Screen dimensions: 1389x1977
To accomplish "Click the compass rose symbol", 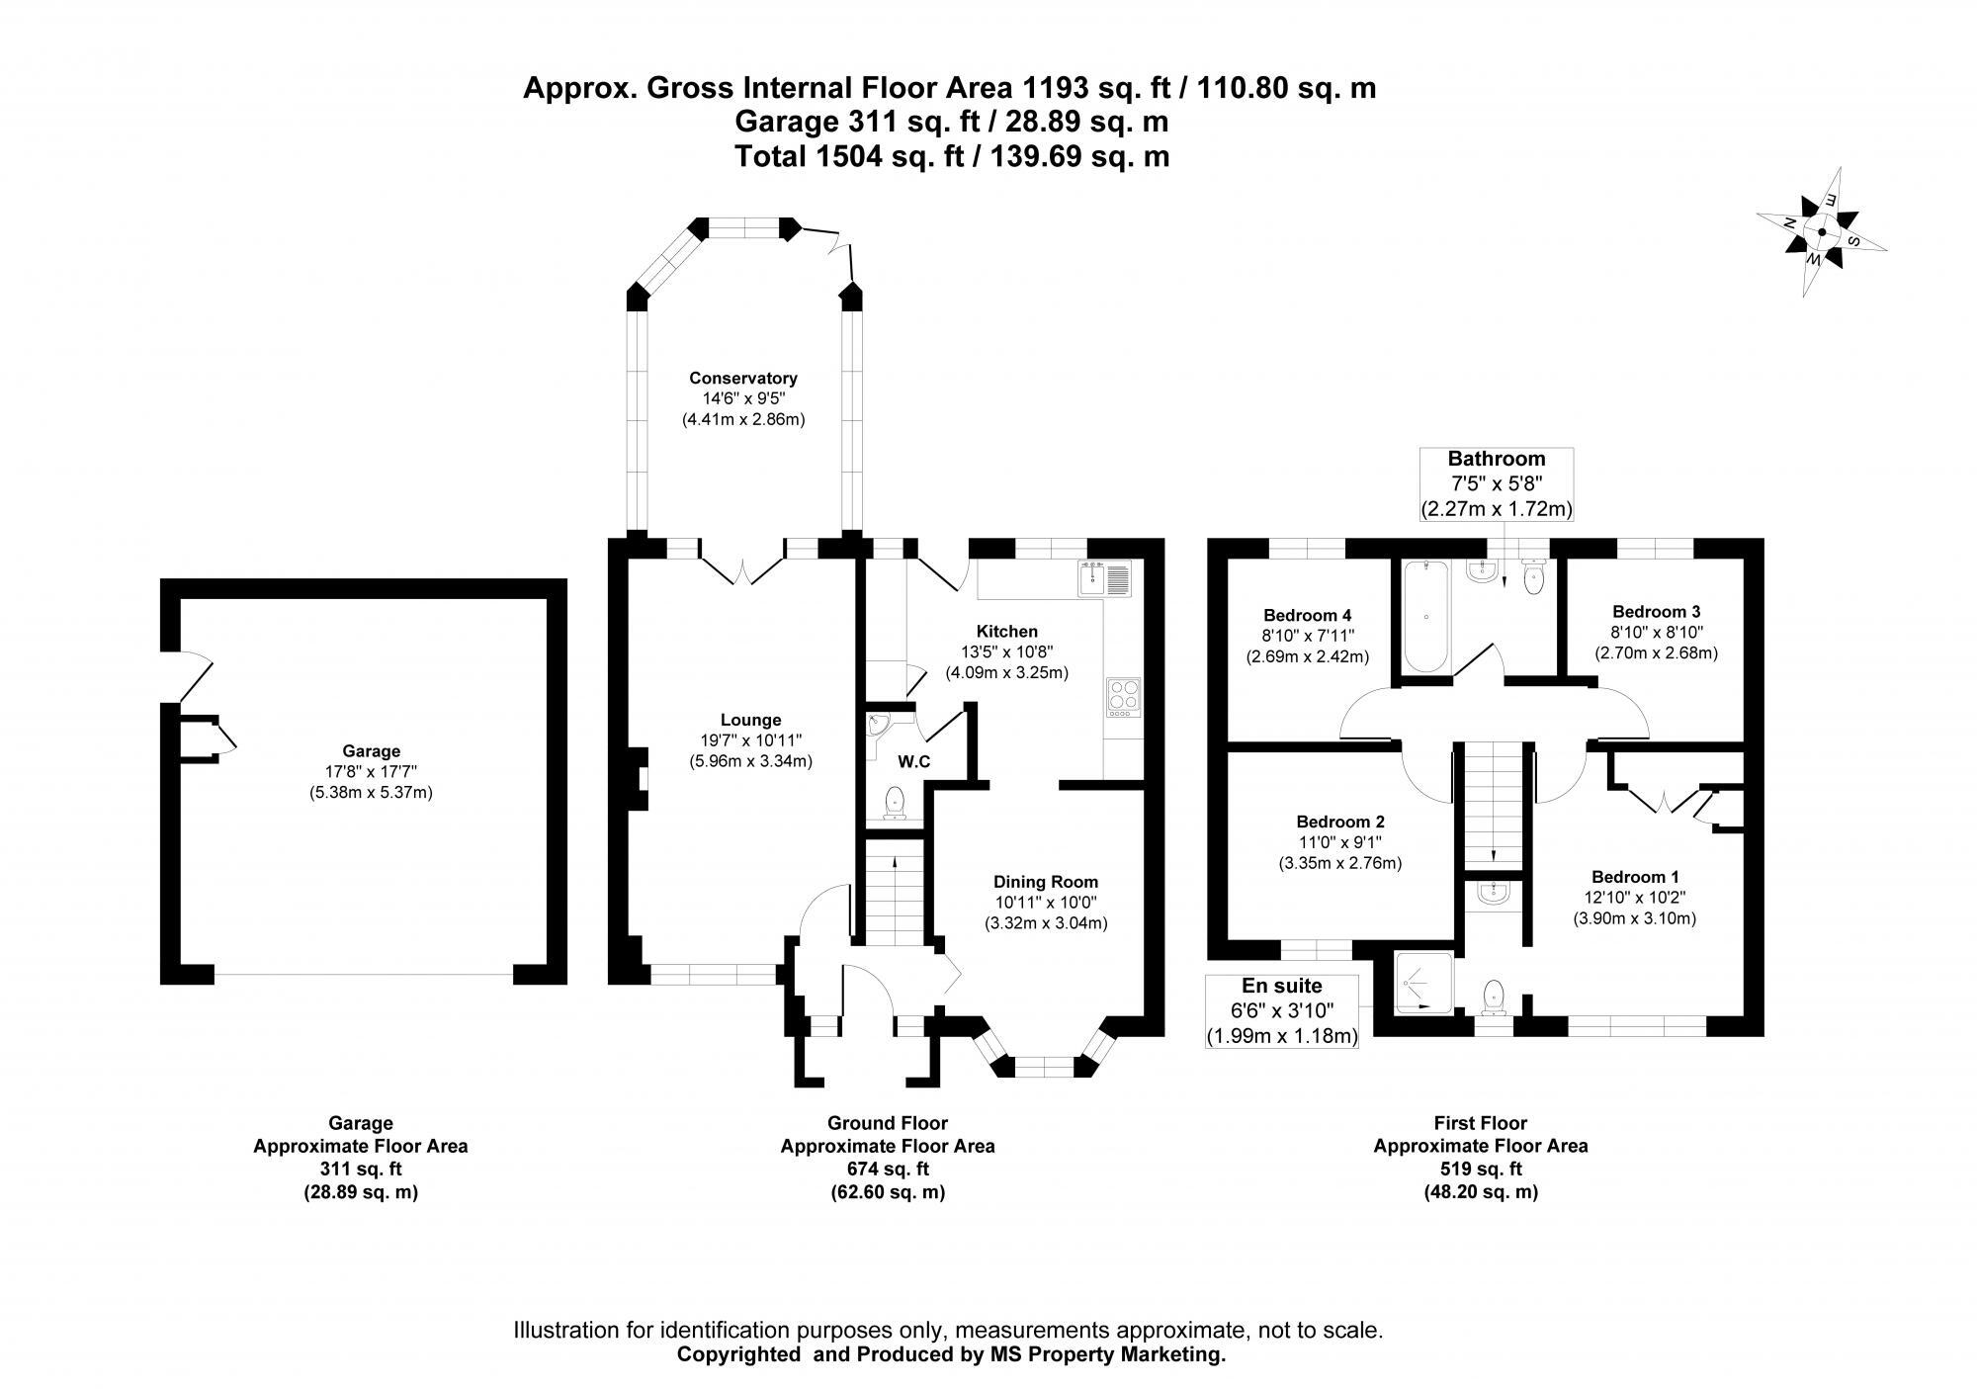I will [x=1822, y=234].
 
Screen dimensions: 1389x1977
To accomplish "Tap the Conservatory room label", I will [x=742, y=378].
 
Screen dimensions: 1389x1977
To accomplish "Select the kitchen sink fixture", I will [x=1105, y=578].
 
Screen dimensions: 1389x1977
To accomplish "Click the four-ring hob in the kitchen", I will [x=1124, y=697].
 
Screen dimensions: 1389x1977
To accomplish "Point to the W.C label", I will [x=913, y=762].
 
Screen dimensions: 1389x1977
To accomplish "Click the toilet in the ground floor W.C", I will [x=895, y=802].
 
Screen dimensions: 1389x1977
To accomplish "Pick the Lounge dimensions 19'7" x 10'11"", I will [x=750, y=740].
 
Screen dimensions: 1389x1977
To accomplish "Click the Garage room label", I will [x=371, y=751].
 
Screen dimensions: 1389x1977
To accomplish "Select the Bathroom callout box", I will [x=1496, y=484].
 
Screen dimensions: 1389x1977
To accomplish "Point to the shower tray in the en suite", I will [x=1423, y=983].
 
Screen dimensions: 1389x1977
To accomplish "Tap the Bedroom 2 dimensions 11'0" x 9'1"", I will [x=1339, y=842].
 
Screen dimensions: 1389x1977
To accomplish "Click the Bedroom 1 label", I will [x=1634, y=877].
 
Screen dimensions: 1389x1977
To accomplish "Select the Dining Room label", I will [x=1045, y=882].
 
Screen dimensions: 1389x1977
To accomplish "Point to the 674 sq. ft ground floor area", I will [x=887, y=1169].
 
